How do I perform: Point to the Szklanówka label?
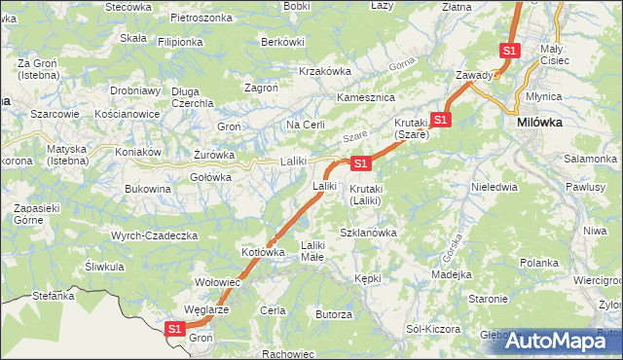click(x=368, y=233)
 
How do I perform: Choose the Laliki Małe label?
click(x=312, y=251)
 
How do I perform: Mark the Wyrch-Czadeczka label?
click(x=155, y=235)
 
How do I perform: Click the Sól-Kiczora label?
click(x=433, y=329)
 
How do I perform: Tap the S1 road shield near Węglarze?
click(x=174, y=330)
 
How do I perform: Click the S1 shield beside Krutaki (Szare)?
click(x=441, y=120)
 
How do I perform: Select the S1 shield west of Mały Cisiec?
click(x=509, y=51)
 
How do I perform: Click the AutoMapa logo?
click(x=559, y=340)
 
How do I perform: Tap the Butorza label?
click(x=333, y=314)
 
